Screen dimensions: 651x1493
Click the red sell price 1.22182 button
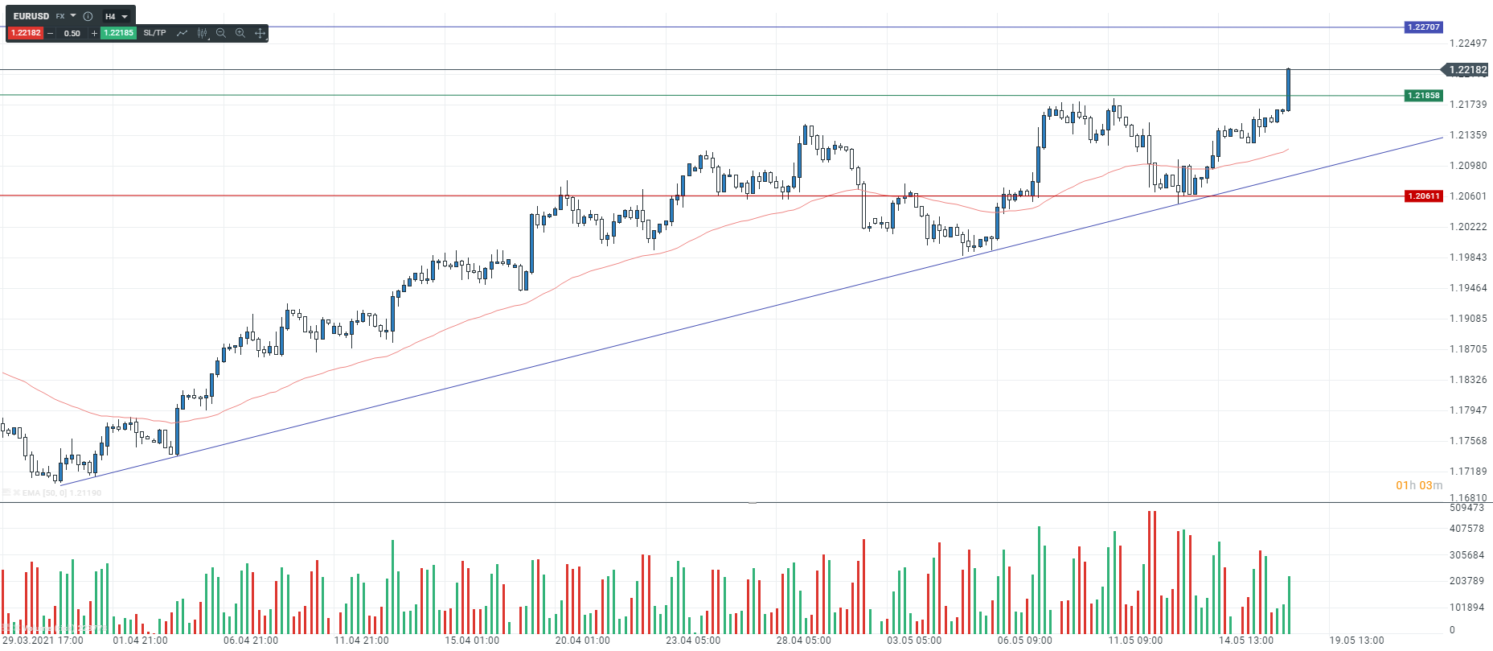point(26,33)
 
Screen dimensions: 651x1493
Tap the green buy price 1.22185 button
point(118,33)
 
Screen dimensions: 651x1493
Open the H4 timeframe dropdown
point(117,16)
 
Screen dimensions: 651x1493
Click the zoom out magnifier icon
point(221,33)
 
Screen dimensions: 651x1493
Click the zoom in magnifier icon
point(240,33)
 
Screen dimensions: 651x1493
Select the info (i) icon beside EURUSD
point(88,16)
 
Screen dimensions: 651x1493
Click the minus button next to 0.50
point(51,33)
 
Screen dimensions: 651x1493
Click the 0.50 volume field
point(72,33)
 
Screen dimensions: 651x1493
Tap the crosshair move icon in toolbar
point(260,33)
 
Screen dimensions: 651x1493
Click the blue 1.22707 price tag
point(1423,27)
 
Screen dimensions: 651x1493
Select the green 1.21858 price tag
point(1423,96)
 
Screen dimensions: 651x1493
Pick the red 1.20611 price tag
point(1423,196)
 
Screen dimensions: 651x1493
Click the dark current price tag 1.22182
point(1466,70)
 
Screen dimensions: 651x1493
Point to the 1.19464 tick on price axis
point(1467,288)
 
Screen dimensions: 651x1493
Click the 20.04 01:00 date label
point(582,641)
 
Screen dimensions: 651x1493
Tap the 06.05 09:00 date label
point(1024,641)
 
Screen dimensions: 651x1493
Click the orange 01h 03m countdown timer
point(1418,485)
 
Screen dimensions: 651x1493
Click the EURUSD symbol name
point(31,16)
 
